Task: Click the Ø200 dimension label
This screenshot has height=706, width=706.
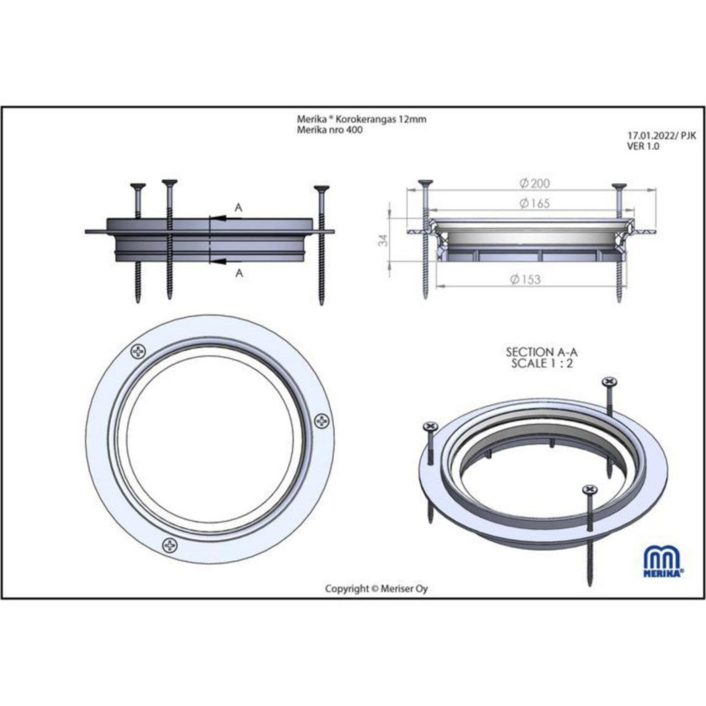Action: point(535,183)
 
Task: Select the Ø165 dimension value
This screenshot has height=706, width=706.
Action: point(535,203)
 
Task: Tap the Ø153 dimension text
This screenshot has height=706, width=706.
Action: point(525,280)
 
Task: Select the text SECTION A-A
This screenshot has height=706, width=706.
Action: point(542,352)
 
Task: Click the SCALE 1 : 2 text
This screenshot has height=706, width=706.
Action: point(542,364)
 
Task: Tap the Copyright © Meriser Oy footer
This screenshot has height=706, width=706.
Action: point(376,588)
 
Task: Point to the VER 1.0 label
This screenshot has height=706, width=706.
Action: point(643,147)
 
